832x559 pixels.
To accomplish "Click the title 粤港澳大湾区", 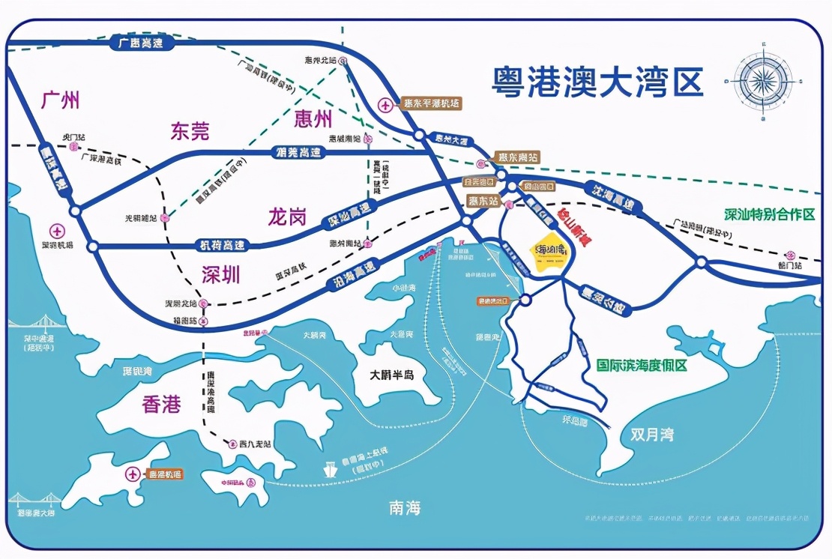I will point(597,82).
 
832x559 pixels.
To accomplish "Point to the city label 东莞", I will point(190,132).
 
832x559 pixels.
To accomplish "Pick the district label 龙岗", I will point(288,218).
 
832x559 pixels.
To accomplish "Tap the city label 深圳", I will point(221,274).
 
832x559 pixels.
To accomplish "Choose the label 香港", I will point(162,405).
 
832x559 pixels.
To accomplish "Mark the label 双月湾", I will point(651,435).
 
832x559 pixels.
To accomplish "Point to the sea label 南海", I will point(405,508).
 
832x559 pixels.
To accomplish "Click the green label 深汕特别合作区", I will point(769,214).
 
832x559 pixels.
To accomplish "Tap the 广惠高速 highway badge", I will point(141,43).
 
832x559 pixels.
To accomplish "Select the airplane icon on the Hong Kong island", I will point(133,474).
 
